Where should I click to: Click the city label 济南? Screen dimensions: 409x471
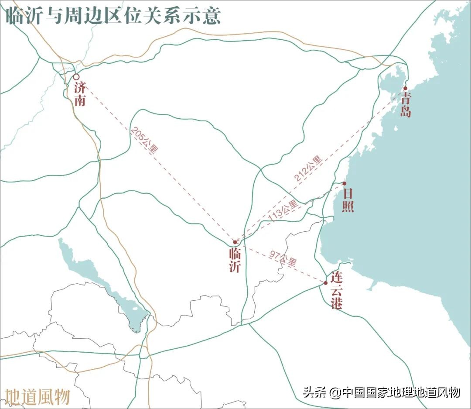tap(80, 94)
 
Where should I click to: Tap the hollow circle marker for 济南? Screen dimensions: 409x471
tap(76, 77)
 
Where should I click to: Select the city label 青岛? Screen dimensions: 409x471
tap(406, 105)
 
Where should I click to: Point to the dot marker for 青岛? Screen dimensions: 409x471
tap(405, 88)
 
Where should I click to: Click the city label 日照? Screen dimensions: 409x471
tap(348, 200)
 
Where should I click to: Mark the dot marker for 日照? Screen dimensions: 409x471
tap(344, 183)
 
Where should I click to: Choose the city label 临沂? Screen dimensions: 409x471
tap(235, 260)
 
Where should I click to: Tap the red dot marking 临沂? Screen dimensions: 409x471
tap(235, 241)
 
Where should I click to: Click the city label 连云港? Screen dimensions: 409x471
tap(336, 290)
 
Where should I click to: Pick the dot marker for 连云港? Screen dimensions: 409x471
tap(325, 283)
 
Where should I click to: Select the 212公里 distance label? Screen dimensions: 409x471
tap(308, 168)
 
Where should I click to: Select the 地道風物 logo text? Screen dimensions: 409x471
tap(38, 396)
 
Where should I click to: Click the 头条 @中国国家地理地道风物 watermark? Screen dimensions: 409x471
tap(382, 392)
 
